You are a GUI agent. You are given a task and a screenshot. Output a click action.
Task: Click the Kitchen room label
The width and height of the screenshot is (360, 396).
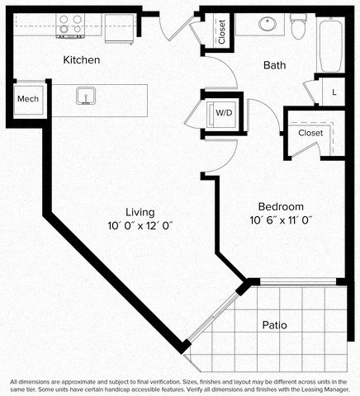coord(83,60)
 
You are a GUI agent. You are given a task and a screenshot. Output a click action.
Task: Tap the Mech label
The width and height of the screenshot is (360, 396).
coord(28,99)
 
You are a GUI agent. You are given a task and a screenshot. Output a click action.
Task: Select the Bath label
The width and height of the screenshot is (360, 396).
coord(275,65)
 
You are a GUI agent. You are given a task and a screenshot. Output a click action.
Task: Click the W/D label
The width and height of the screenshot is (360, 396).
coord(223,112)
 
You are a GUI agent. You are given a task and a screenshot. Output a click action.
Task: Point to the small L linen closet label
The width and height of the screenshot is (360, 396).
coord(334,92)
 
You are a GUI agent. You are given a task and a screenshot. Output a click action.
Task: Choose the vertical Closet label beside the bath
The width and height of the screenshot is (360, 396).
coord(222,31)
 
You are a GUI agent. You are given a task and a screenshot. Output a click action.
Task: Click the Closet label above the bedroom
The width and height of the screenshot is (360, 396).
coord(310,132)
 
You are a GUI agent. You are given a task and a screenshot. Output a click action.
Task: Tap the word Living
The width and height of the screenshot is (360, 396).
coord(136,211)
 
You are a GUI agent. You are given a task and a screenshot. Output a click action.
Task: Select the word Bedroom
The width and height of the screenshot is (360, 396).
coord(281,206)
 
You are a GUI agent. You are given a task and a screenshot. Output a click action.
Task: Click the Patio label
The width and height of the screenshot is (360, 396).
coord(274,325)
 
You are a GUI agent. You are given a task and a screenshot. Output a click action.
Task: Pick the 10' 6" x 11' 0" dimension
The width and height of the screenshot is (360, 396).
coord(281,220)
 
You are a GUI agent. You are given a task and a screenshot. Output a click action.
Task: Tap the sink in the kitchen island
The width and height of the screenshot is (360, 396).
coord(84,97)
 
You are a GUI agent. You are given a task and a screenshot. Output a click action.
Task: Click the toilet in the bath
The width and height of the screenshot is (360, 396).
coord(301,27)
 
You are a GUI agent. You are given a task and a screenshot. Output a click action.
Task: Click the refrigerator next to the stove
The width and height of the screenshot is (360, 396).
coord(117,27)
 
